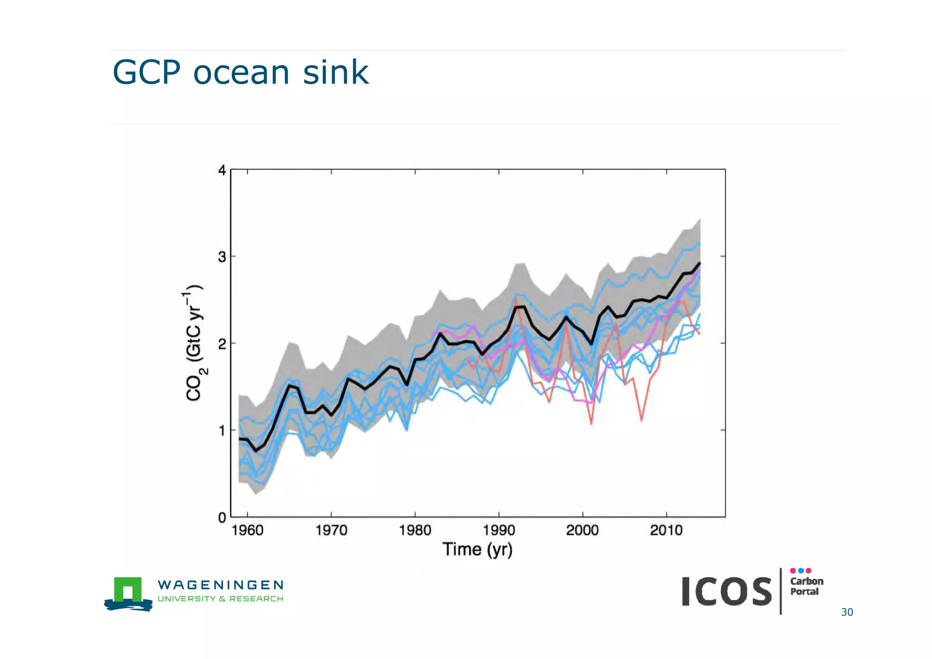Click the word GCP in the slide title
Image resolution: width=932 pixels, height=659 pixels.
pos(146,72)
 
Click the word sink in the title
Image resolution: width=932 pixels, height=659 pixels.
pos(335,72)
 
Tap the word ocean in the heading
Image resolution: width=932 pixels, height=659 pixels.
pos(241,73)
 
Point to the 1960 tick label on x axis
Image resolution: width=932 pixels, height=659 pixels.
pos(247,530)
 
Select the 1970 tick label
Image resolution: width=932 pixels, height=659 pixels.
pos(331,530)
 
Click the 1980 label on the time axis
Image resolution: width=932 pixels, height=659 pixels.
pos(415,530)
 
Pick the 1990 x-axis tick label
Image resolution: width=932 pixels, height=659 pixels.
pos(499,530)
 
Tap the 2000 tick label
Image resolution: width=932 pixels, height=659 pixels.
pos(582,530)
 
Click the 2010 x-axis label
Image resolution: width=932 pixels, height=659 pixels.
pos(666,530)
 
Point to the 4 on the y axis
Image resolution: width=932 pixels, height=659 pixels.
pos(222,171)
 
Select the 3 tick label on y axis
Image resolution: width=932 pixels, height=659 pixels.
pos(222,257)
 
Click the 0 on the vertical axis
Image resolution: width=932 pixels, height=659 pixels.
pos(222,518)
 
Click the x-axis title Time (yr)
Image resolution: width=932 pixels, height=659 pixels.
pos(477,549)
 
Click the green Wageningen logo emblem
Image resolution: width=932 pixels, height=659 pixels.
pos(128,593)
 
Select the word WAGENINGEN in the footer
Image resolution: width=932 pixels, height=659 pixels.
pos(220,585)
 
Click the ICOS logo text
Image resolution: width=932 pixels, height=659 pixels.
pos(726,592)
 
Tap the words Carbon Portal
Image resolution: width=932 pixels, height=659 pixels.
pos(806,586)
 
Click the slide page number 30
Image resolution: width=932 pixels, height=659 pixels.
pos(846,612)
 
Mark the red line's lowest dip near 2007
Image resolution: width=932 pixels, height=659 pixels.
pos(641,420)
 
